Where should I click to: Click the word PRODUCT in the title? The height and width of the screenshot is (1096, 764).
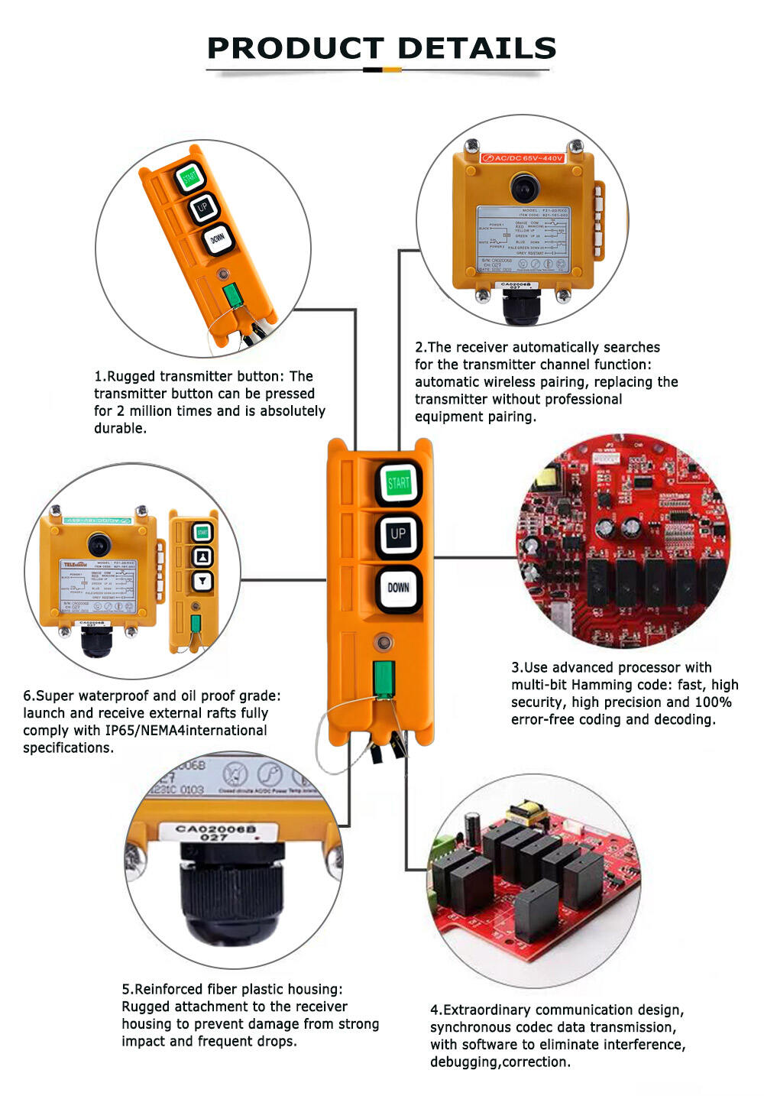coord(295,48)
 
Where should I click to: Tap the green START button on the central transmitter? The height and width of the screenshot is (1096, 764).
coord(398,483)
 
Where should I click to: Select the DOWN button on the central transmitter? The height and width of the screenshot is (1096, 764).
coord(398,588)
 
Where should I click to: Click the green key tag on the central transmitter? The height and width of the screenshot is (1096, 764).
coord(384,679)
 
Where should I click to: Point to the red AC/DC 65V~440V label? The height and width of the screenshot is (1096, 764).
coord(523,158)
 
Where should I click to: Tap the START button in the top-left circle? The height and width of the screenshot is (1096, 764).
coord(189,177)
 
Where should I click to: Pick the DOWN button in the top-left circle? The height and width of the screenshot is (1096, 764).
coord(218,239)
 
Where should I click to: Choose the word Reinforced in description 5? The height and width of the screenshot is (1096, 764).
coord(167,990)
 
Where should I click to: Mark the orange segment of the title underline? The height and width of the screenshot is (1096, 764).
coord(392,70)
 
